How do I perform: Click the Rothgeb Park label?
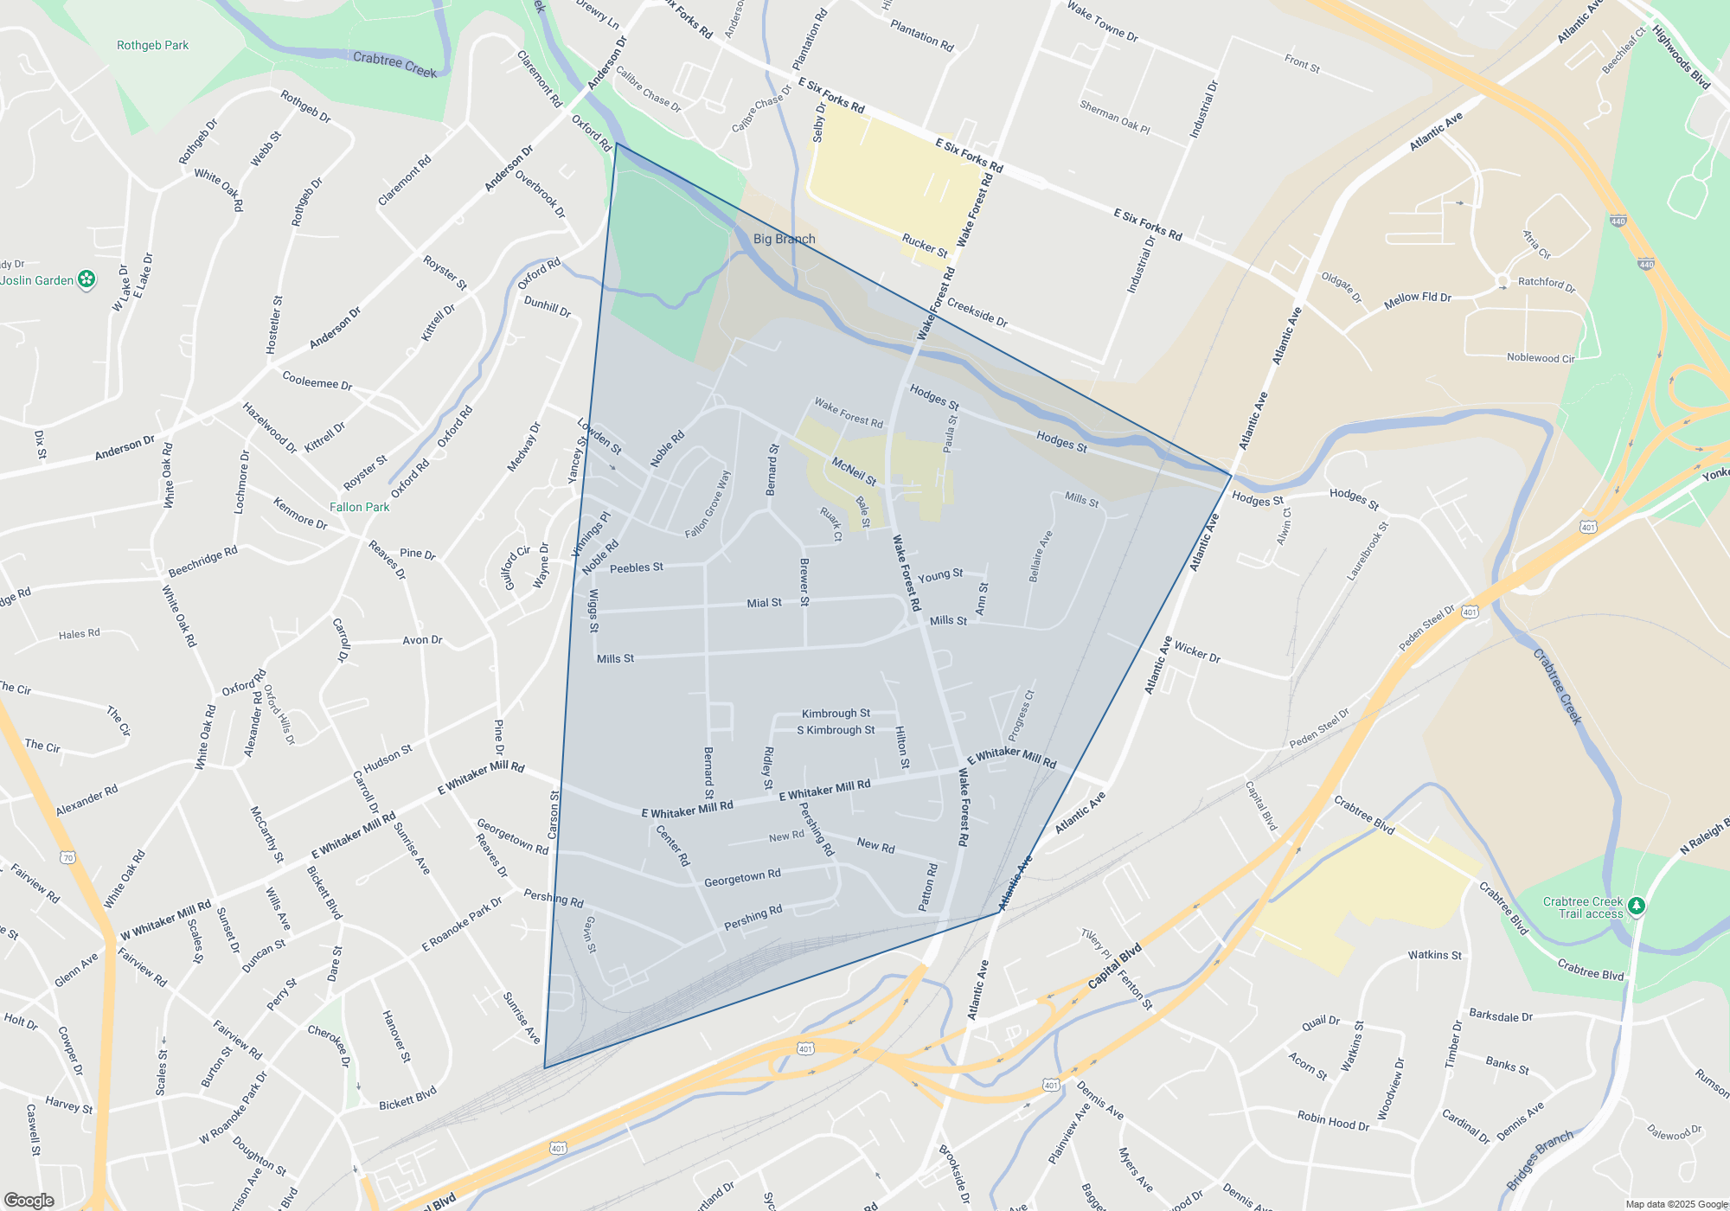152,45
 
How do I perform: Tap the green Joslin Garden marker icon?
86,279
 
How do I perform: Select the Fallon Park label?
359,507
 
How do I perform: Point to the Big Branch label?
784,239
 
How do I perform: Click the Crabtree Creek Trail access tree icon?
1636,906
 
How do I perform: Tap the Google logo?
29,1201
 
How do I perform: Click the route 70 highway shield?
68,857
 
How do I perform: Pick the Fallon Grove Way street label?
708,504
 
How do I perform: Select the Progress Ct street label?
1021,715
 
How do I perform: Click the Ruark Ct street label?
831,524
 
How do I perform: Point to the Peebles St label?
636,567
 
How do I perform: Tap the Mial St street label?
764,603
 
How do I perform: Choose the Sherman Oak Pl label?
1114,117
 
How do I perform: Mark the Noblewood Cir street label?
1541,357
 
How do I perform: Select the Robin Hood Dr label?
1333,1121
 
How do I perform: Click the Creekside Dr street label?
977,312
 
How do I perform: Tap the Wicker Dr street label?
1197,652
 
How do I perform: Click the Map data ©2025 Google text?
1676,1204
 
